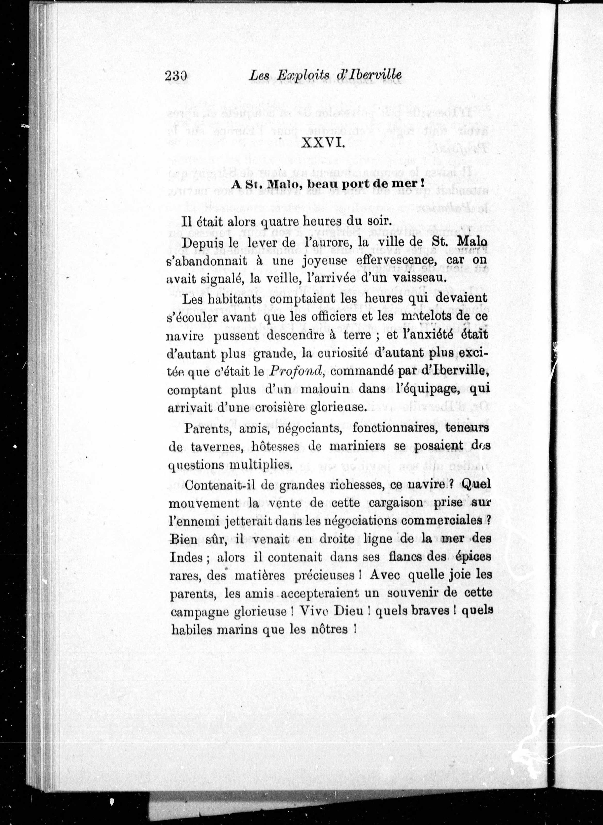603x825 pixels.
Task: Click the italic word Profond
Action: coord(297,370)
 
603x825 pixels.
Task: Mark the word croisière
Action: coord(281,407)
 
